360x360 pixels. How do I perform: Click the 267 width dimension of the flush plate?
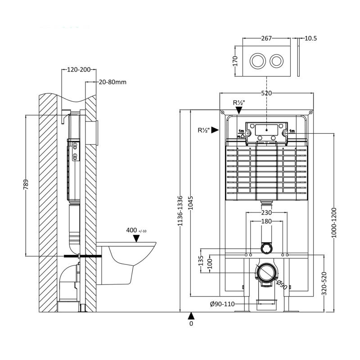(x=266, y=38)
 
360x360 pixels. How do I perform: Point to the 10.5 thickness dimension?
(x=310, y=38)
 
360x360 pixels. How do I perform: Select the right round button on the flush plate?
(x=277, y=60)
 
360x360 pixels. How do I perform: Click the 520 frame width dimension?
(x=266, y=93)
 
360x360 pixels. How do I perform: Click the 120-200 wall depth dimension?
(x=79, y=70)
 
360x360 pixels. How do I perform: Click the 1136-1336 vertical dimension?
(x=180, y=211)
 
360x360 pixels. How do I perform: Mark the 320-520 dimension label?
(x=324, y=283)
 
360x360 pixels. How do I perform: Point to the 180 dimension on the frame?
(x=266, y=221)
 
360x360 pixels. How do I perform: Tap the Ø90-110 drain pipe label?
(x=222, y=304)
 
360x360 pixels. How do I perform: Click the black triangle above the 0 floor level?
(x=191, y=315)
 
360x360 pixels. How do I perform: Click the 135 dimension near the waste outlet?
(x=201, y=261)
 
